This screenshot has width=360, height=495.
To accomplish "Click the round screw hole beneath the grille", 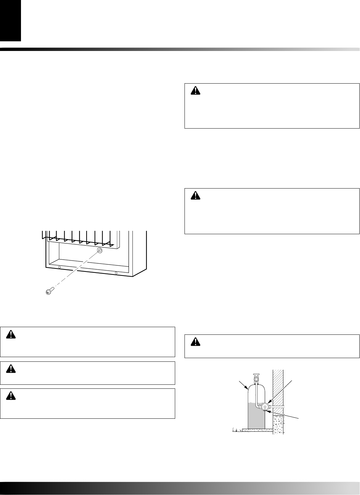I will coord(99,250).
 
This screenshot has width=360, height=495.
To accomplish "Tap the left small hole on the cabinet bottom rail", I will coord(59,267).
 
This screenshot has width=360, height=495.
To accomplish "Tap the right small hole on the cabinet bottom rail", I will coord(116,273).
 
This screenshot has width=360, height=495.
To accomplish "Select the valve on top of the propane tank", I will coord(256,378).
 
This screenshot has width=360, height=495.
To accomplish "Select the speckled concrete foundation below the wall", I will coord(278,423).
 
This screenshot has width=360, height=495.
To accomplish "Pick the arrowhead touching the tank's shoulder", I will coord(246,388).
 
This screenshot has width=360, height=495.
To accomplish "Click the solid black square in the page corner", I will coord(10,20).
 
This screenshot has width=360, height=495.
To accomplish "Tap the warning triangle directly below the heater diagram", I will coord(11,334).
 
